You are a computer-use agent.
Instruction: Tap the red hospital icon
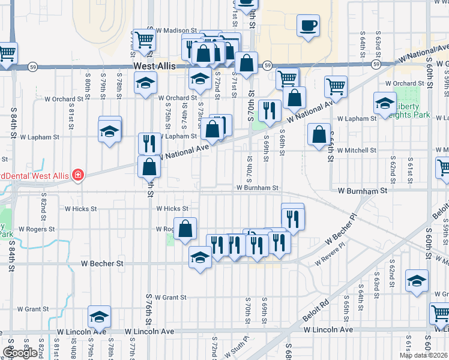click(77, 175)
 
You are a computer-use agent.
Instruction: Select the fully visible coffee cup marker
click(308, 26)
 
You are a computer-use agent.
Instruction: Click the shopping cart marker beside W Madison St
click(145, 40)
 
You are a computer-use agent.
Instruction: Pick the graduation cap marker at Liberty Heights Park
click(385, 104)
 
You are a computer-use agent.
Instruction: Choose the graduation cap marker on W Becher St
click(200, 258)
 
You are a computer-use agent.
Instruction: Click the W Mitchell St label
click(357, 151)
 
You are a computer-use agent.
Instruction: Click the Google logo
click(19, 353)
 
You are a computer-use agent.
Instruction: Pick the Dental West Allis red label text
click(35, 175)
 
